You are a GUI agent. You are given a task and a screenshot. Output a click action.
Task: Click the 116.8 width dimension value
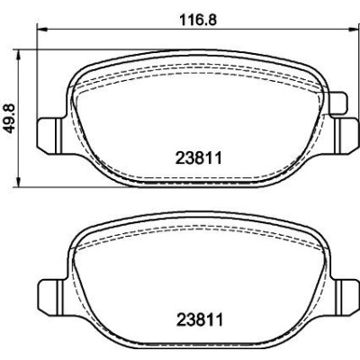[198, 20]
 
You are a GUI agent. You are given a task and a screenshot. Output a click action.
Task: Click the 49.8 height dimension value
[10, 119]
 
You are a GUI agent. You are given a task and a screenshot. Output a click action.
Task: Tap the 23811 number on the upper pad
[199, 158]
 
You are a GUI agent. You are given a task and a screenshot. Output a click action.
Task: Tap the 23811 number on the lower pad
[200, 319]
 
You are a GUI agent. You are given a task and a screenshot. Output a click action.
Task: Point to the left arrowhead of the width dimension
[41, 29]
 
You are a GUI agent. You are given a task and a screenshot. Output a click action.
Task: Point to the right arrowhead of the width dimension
[352, 29]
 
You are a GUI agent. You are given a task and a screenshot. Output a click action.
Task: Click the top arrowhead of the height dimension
[19, 56]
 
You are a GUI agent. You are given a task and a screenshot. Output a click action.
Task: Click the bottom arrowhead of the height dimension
[19, 182]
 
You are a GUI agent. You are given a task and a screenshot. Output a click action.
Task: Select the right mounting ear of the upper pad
[346, 136]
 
